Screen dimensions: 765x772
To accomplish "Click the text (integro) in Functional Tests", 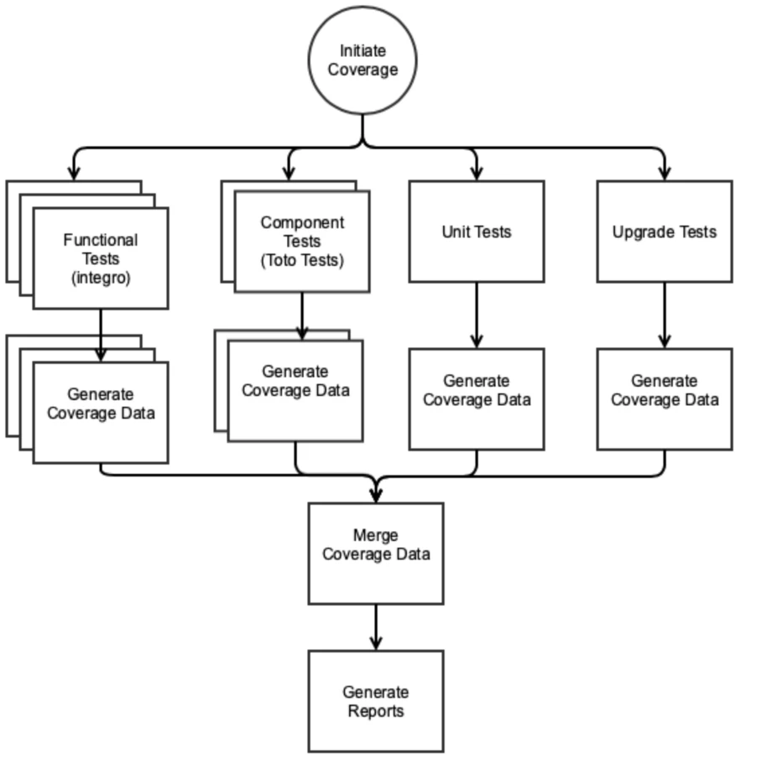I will click(101, 278).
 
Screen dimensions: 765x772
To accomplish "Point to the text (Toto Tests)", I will click(302, 261).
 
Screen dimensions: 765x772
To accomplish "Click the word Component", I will click(302, 222).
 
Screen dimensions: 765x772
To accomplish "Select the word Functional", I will click(101, 240).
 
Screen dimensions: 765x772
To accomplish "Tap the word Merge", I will click(376, 535).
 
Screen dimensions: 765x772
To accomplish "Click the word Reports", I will click(376, 711).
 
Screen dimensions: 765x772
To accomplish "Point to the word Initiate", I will click(363, 51).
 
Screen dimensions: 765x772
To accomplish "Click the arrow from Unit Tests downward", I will click(477, 314).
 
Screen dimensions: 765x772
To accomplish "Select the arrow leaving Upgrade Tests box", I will click(665, 314).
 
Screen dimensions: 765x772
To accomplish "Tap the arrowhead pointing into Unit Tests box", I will click(477, 173).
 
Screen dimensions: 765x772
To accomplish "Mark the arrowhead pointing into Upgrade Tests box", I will click(665, 173).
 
